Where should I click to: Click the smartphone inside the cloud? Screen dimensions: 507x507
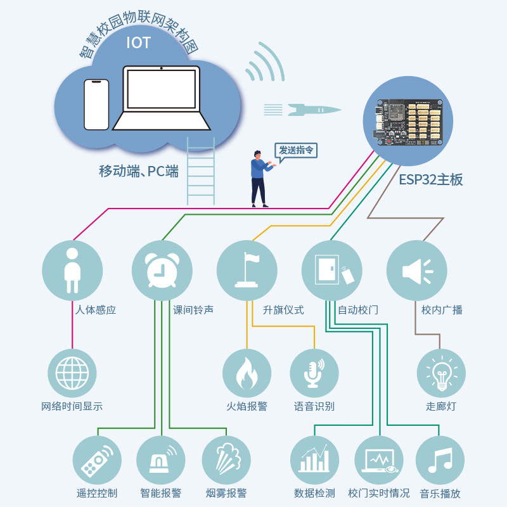(96, 105)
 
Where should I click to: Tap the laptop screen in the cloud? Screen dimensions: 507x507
(162, 89)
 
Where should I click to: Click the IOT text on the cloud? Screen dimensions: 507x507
(138, 42)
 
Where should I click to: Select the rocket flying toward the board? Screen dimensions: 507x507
(314, 110)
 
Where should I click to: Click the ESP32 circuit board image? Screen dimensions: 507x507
(408, 122)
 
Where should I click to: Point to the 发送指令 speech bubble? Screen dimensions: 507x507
(296, 151)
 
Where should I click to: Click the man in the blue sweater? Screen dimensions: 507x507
(260, 179)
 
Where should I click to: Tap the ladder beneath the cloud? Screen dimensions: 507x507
(200, 171)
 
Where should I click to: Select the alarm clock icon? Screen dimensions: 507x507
(162, 271)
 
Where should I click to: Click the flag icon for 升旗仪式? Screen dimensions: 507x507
(247, 270)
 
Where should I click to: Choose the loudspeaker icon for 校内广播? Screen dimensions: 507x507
(417, 271)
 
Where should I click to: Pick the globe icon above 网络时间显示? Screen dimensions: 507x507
(72, 373)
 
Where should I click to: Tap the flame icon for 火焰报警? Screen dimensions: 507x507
(247, 373)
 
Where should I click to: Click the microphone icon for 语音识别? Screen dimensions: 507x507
(314, 373)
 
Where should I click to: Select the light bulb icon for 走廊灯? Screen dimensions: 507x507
(441, 373)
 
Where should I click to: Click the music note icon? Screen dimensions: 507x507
(440, 460)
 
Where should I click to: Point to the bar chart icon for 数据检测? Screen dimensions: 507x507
(314, 458)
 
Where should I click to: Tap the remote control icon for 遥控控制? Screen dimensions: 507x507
(97, 461)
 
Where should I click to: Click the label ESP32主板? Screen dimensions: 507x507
(431, 180)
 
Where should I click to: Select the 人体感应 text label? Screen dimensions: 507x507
(96, 310)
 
